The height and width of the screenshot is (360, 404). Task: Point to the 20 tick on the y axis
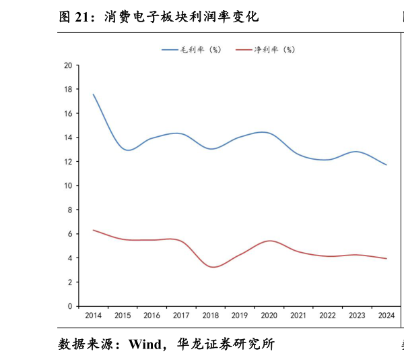pos(67,65)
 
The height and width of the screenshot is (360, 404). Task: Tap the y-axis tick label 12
pos(67,162)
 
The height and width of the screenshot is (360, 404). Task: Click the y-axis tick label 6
pos(69,234)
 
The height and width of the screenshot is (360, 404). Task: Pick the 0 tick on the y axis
pos(69,306)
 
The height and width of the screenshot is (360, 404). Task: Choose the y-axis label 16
pos(67,114)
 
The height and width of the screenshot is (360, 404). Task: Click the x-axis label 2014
pos(93,315)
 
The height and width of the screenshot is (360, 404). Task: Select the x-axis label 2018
pos(211,315)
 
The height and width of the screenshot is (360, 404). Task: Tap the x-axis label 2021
pos(298,315)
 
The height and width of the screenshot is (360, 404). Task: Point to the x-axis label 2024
pos(386,315)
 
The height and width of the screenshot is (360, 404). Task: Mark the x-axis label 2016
pos(151,315)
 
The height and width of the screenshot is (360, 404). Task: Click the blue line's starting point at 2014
pos(93,94)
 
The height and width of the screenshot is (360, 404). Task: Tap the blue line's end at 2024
pos(386,164)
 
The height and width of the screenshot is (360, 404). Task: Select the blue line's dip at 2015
pos(125,150)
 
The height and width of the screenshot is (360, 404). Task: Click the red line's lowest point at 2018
pos(213,267)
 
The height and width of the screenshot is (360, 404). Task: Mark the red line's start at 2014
pos(93,230)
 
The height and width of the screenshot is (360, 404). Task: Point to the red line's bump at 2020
pos(269,241)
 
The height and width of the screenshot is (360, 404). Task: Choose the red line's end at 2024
pos(386,258)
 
